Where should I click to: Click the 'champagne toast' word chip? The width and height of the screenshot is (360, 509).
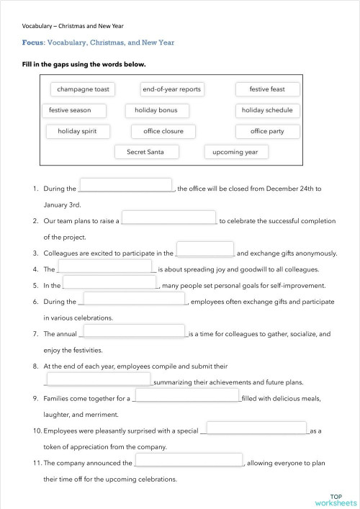point(84,89)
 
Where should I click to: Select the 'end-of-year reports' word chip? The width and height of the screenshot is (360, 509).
point(172,89)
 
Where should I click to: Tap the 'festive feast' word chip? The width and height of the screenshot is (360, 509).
point(267,89)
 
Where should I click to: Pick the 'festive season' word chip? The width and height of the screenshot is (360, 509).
point(75,110)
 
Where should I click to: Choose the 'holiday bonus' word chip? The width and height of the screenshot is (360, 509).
point(156,110)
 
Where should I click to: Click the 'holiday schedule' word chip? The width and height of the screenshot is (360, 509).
point(267,110)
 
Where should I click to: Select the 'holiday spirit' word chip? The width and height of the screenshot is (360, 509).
point(78,131)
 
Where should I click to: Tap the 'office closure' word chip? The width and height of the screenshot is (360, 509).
point(163,131)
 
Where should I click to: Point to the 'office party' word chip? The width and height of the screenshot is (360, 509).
point(267,131)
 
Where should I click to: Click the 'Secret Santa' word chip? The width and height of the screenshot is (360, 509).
point(146,152)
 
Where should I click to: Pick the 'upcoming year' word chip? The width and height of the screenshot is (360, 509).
point(236,152)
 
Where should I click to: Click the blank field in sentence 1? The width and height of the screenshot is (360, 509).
point(125,186)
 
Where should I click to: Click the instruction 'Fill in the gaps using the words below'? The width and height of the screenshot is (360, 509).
point(84,64)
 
